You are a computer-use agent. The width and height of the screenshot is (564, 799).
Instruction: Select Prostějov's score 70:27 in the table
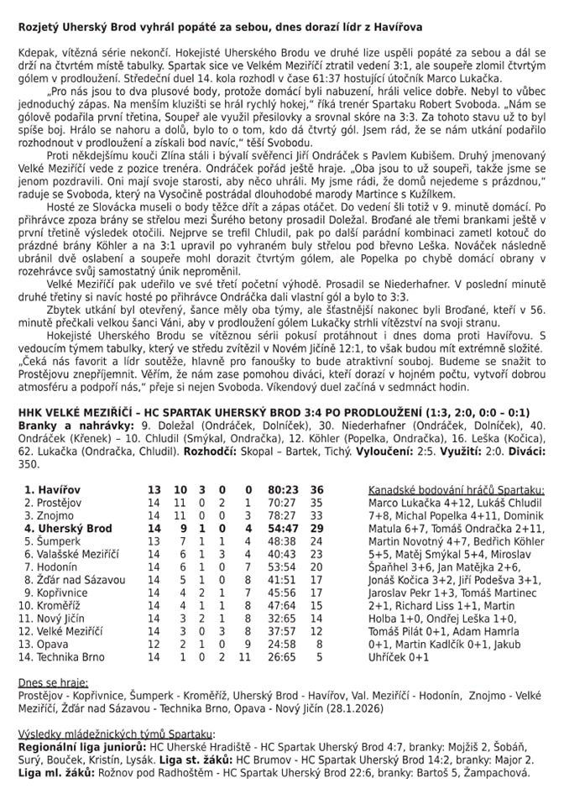click(285, 502)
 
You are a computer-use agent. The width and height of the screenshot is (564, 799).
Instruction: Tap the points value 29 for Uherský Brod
click(316, 529)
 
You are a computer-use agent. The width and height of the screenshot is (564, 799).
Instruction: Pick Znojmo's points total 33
click(316, 515)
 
